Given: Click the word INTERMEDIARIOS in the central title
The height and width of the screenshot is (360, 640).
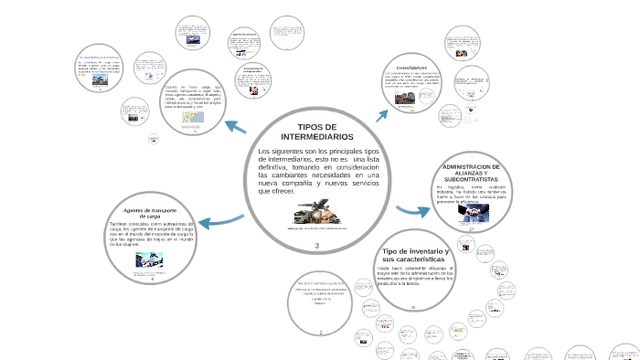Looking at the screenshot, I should tap(317, 136).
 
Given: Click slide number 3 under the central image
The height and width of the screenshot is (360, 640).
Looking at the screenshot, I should tap(316, 248).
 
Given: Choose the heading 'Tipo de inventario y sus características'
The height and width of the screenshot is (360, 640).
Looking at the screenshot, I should tap(414, 255).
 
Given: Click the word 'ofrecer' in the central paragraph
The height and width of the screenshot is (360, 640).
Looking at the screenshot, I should tap(278, 191).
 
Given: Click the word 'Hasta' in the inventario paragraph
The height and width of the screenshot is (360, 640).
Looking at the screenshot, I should tap(385, 267).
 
